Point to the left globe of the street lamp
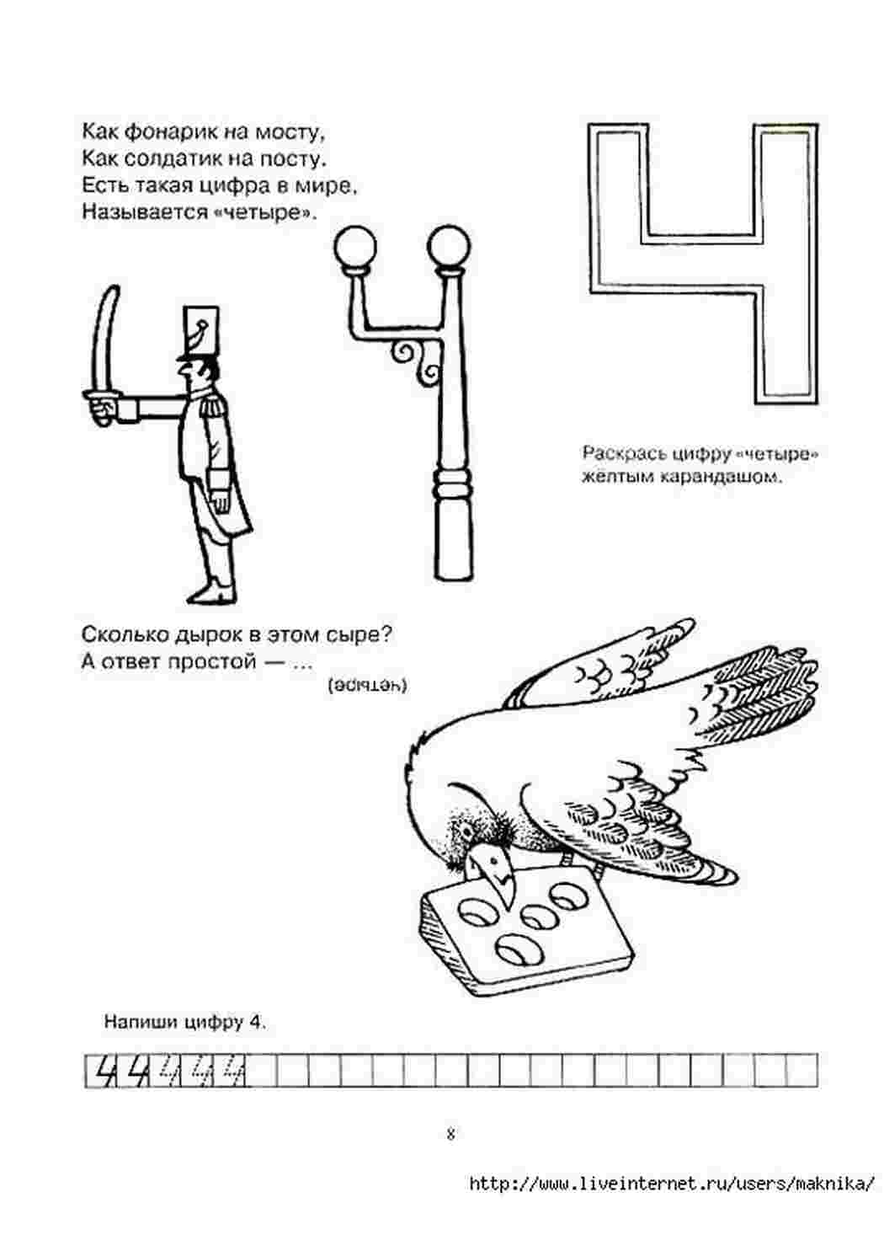tap(355, 246)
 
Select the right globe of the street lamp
tap(449, 246)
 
